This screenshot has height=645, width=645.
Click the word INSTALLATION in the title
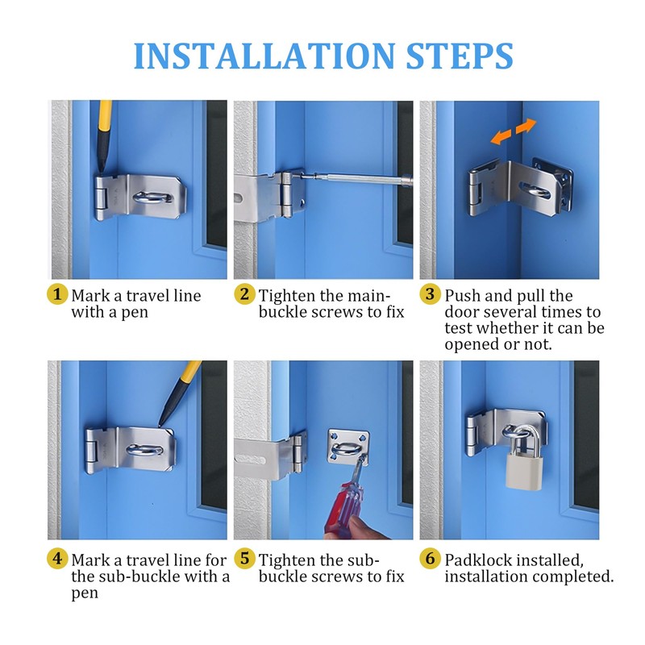point(264,56)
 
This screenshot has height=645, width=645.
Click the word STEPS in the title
point(460,56)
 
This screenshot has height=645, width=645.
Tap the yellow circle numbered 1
point(57,294)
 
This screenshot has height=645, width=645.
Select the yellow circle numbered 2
point(244,294)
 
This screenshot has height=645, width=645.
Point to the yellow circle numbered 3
point(430,294)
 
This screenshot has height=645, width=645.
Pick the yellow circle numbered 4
point(57,559)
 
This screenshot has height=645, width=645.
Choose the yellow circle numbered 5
point(244,559)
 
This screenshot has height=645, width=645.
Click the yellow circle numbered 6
point(430,559)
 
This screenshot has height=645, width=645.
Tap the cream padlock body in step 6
point(522,471)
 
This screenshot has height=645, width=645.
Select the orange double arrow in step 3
point(514,131)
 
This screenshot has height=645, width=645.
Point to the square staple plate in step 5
point(348,447)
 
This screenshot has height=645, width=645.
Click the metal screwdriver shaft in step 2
point(354,177)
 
